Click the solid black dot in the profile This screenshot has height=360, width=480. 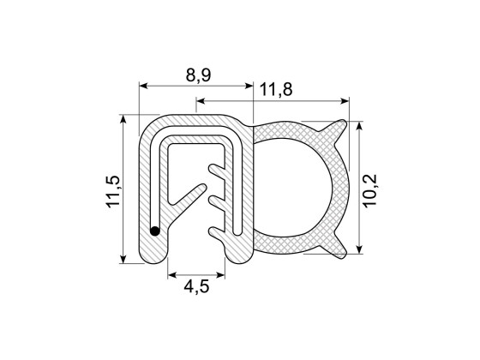click(155, 230)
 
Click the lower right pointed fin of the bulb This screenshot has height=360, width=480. click(339, 248)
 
